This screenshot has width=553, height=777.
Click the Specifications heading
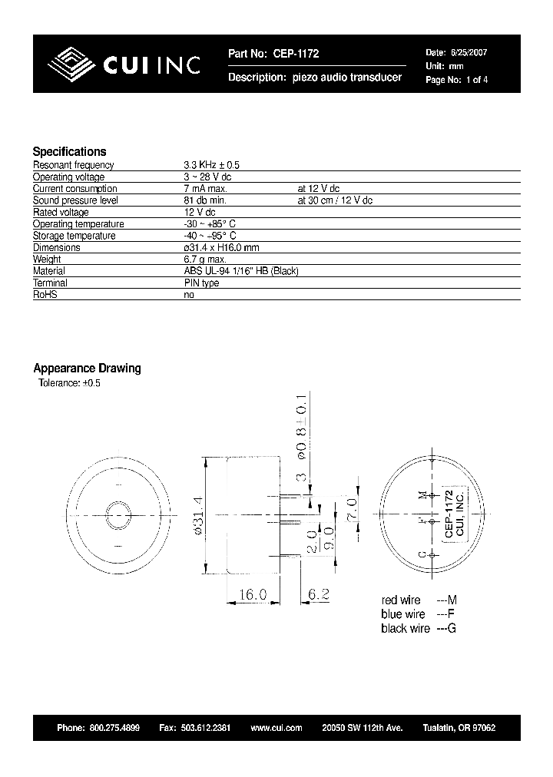click(69, 151)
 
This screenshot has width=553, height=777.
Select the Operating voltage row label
click(68, 177)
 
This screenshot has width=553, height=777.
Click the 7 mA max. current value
click(205, 189)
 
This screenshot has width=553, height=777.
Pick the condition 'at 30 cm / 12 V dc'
click(334, 200)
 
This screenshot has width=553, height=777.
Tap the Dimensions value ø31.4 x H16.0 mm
click(221, 248)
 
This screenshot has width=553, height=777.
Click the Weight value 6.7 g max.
click(205, 260)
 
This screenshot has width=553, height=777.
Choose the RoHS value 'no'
click(189, 295)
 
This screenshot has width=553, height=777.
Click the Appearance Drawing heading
click(87, 368)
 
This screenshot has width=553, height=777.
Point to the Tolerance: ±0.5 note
click(69, 382)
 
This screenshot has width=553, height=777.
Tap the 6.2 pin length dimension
click(318, 594)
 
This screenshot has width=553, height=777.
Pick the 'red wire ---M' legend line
click(419, 600)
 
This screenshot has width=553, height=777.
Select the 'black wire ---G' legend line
click(419, 628)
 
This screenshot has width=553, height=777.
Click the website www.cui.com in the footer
click(276, 728)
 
